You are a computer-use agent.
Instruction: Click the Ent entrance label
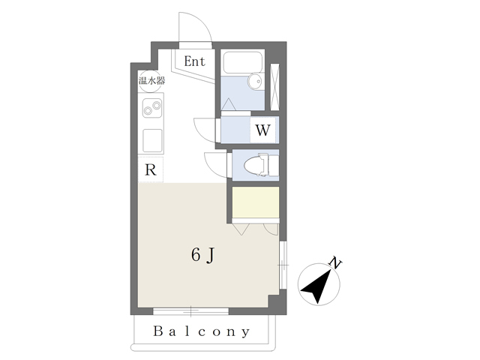[x=195, y=61]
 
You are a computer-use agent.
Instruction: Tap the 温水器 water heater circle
[x=150, y=81]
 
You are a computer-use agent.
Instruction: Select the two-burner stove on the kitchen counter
[x=152, y=108]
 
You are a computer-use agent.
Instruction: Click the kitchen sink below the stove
[x=152, y=140]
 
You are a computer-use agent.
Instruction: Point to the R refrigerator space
[x=150, y=169]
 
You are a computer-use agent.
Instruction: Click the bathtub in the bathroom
[x=243, y=62]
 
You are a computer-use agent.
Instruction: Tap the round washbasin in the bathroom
[x=256, y=82]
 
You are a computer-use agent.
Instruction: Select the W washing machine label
[x=262, y=130]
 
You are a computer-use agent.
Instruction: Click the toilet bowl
[x=256, y=165]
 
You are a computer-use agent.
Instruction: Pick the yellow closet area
[x=255, y=202]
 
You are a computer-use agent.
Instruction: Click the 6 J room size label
[x=202, y=255]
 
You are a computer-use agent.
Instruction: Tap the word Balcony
[x=202, y=331]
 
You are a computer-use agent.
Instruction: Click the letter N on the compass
[x=335, y=263]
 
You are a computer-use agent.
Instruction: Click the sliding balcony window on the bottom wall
[x=190, y=311]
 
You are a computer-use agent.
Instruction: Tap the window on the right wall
[x=283, y=265]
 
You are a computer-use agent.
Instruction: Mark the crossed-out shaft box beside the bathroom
[x=274, y=87]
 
